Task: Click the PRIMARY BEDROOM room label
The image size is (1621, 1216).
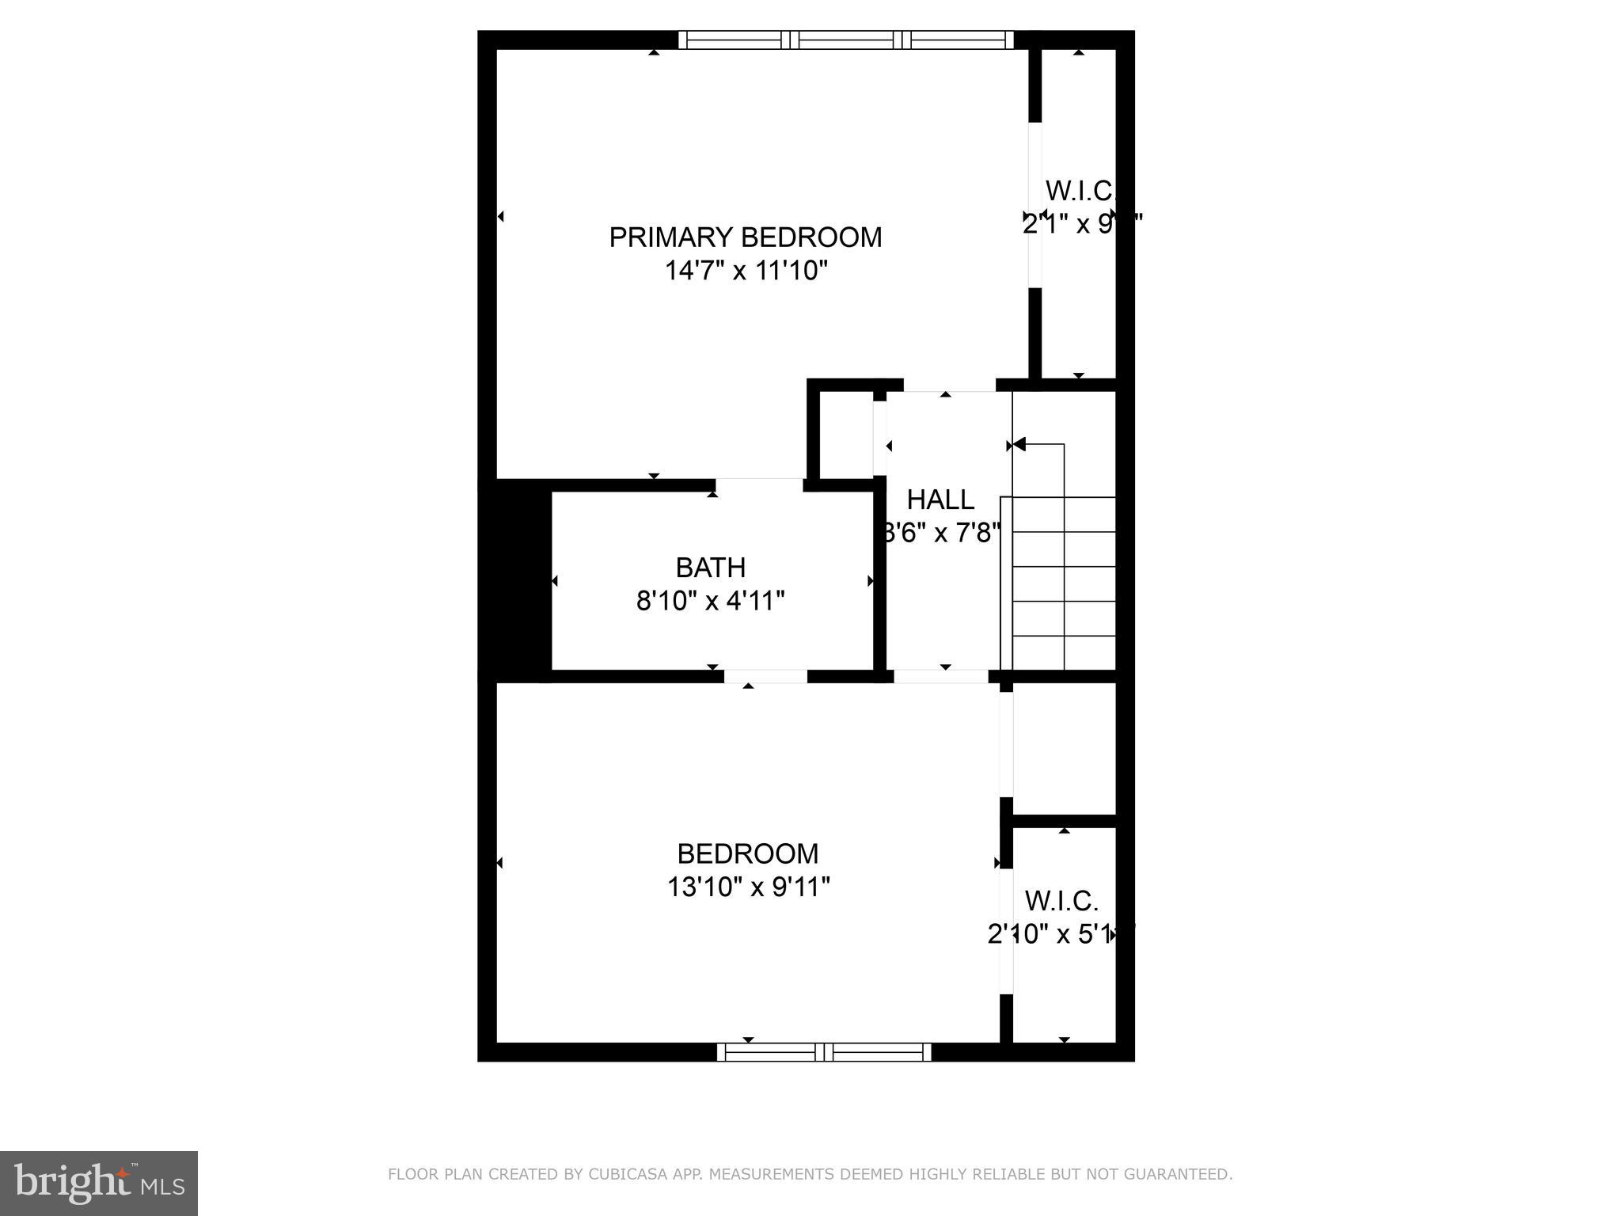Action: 745,237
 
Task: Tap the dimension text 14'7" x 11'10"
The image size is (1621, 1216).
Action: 745,272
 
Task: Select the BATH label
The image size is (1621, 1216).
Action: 710,568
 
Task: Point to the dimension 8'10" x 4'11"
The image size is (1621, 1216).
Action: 710,602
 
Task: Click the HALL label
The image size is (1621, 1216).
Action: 940,500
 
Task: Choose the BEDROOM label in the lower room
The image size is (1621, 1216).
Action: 747,853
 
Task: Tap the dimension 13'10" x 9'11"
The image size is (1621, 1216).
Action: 747,887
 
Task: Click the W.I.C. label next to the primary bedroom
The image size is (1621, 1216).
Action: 1079,191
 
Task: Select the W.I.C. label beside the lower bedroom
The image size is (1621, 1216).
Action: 1061,901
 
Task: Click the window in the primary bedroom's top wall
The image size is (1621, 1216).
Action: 845,40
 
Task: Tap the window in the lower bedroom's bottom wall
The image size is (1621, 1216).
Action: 823,1052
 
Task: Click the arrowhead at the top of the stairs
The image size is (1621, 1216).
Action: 1019,444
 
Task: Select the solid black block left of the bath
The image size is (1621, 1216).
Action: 515,580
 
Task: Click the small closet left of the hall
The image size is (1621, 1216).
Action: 845,435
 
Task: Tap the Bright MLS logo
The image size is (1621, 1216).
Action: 98,1183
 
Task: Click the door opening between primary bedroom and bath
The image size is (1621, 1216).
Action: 759,484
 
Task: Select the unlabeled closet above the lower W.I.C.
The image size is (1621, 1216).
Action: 1064,747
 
